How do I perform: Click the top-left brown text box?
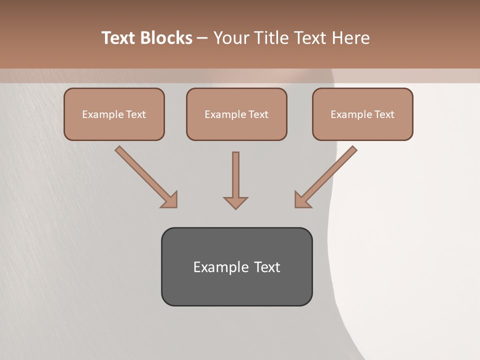pyautogui.click(x=114, y=114)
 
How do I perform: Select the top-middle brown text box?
pyautogui.click(x=236, y=114)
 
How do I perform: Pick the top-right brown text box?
pyautogui.click(x=362, y=114)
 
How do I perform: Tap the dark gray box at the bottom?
pyautogui.click(x=236, y=266)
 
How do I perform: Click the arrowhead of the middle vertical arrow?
pyautogui.click(x=235, y=202)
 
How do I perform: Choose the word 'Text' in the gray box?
pyautogui.click(x=267, y=267)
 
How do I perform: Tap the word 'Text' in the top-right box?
pyautogui.click(x=384, y=114)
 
